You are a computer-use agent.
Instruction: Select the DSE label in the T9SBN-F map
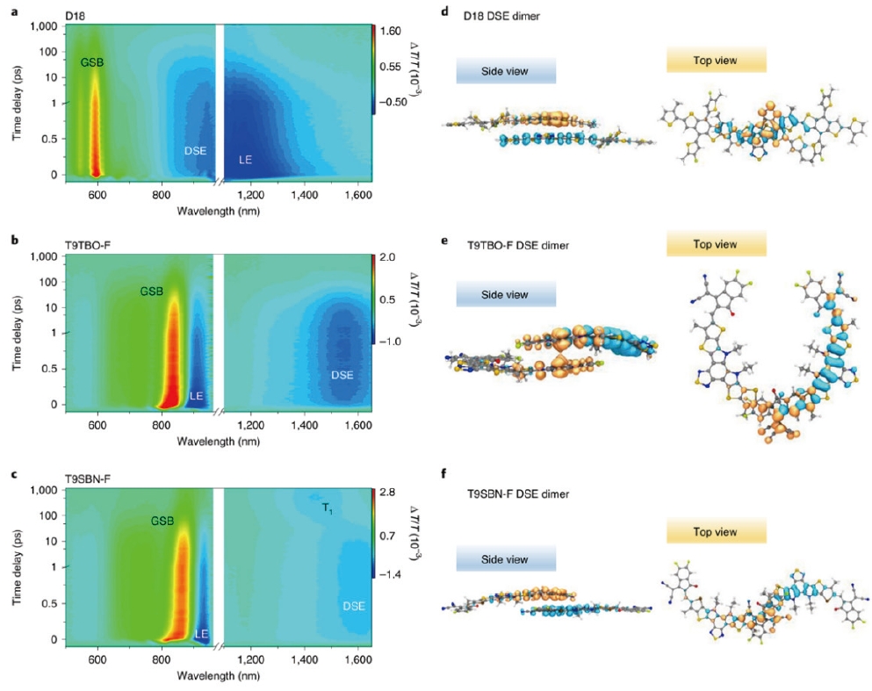coord(353,606)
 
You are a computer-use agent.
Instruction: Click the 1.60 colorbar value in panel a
coord(392,29)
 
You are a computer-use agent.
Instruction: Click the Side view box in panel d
coord(506,71)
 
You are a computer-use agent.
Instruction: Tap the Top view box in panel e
coord(716,244)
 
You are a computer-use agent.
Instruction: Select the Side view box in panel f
coord(506,559)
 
